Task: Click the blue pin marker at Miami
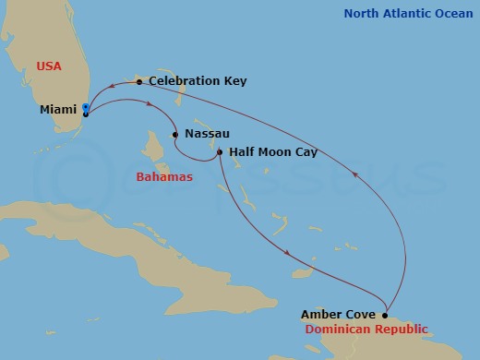pos(85,109)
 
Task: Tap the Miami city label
pos(58,110)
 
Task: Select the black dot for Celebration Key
pos(138,82)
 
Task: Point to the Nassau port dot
pos(175,135)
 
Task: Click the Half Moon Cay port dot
pos(220,152)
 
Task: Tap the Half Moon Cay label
pos(272,152)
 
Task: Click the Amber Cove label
pos(338,316)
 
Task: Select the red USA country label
pos(50,66)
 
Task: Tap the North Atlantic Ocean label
pos(408,14)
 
